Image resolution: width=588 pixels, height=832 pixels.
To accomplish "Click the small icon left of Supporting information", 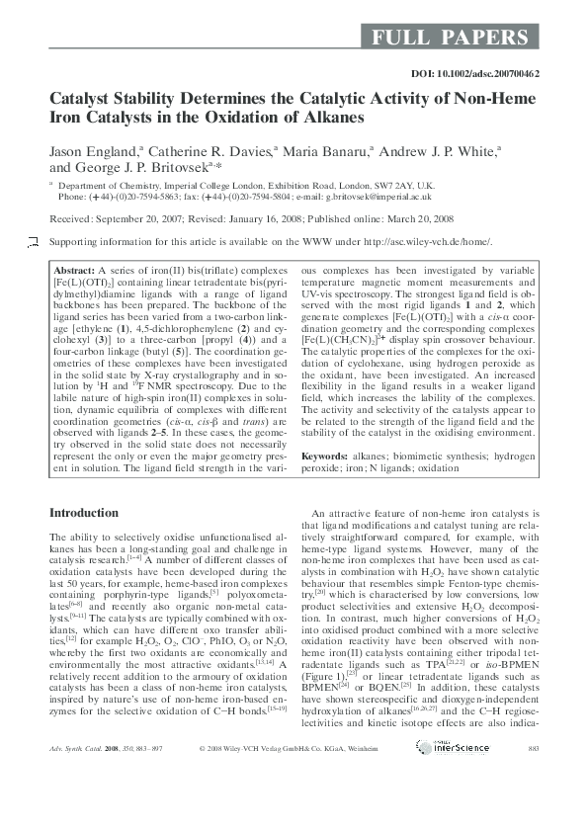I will (33, 242).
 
